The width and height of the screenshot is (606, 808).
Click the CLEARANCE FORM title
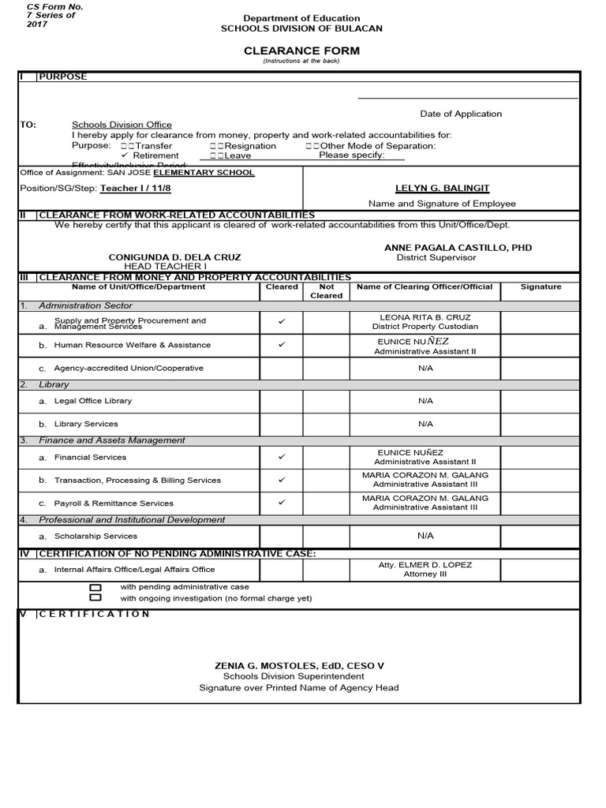pos(301,50)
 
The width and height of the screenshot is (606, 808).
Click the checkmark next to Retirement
pos(125,155)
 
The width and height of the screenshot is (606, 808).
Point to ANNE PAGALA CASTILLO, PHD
pos(458,248)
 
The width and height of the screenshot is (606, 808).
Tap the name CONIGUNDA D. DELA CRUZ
pos(175,257)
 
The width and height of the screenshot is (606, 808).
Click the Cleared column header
pos(282,287)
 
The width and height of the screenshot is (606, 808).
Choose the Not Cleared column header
pos(326,291)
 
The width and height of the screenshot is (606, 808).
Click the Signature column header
pos(541,287)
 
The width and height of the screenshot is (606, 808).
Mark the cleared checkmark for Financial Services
pos(282,457)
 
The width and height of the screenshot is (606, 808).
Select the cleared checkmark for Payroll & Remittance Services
pos(282,503)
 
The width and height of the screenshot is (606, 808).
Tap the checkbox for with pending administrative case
pos(95,588)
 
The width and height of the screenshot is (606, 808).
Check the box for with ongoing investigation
pos(95,598)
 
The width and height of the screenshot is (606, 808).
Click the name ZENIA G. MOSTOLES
pos(299,666)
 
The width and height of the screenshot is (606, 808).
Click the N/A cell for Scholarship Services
pos(425,536)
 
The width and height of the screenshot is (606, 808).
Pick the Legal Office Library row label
pos(92,401)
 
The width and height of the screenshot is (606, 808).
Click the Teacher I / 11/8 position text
pos(136,189)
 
